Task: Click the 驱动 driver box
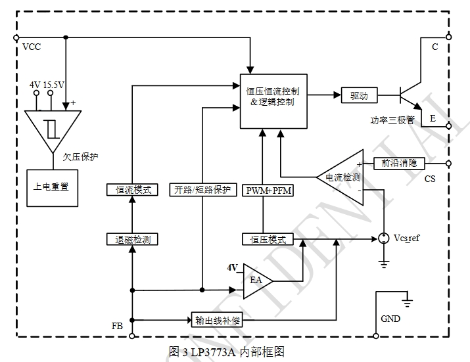[x=359, y=95]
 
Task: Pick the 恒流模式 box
[x=133, y=190]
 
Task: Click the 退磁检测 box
[x=133, y=239]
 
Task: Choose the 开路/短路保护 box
[x=202, y=190]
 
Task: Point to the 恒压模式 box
[x=268, y=239]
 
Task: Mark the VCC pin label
[x=32, y=47]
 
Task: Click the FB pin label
[x=118, y=325]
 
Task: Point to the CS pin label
[x=430, y=179]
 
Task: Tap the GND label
[x=390, y=319]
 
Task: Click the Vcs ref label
[x=406, y=238]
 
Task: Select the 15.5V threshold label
[x=55, y=85]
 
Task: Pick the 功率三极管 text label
[x=392, y=120]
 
